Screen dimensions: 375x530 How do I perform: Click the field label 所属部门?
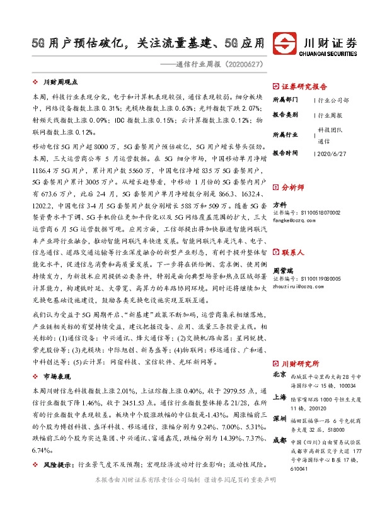(285, 100)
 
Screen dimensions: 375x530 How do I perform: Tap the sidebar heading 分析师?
(292, 188)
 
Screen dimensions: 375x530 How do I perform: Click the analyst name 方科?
(279, 205)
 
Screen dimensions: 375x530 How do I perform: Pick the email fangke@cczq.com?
(294, 220)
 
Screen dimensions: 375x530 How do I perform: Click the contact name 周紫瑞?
(283, 269)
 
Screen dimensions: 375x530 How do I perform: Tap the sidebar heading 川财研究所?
(300, 363)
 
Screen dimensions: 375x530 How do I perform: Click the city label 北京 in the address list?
(279, 375)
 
